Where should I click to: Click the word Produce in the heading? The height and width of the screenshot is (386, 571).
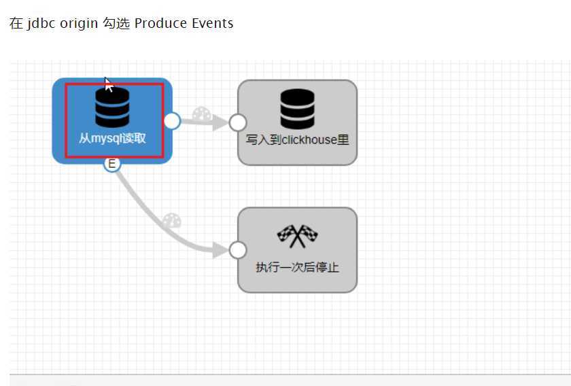coord(160,23)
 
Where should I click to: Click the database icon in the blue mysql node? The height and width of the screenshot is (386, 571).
coord(112,107)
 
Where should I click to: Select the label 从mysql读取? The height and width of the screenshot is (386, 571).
coord(112,139)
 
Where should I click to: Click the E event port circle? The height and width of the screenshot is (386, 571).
coord(112,163)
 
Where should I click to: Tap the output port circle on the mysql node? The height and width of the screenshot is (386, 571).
coord(173,121)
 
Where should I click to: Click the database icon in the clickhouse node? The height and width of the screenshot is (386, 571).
coord(297,109)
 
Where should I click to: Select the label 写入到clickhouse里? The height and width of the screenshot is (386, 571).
coord(297,140)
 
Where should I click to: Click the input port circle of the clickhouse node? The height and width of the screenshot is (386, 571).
coord(237,122)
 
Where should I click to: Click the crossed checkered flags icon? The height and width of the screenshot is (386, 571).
coord(297,236)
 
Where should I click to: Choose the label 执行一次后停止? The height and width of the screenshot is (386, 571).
coord(297,267)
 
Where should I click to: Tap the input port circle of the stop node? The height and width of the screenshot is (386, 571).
coord(237,250)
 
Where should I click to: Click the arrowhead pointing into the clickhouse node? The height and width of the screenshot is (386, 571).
coord(220,122)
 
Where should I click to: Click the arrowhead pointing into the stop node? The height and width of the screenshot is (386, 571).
coord(220,249)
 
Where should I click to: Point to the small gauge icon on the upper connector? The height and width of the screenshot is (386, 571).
coord(202,114)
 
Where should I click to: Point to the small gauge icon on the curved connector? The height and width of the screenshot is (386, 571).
coord(172,221)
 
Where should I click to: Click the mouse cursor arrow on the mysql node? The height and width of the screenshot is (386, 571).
coord(107,83)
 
